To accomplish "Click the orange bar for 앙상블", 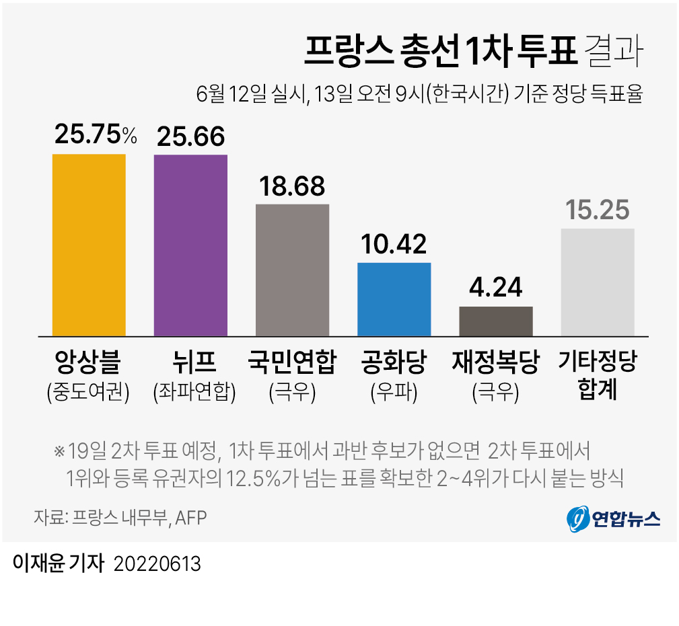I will coord(89,245).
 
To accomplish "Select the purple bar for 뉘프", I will coord(190,245).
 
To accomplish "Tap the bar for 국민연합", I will coord(292,270).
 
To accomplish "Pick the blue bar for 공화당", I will coord(394,299).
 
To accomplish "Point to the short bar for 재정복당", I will coord(496,321).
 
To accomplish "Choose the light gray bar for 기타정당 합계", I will coord(598,282).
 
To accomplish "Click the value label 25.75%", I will coord(95,135).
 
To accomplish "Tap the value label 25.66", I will coord(190,136).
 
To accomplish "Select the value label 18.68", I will coord(292,186).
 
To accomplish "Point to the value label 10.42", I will coord(394,244).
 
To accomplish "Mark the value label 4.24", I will coord(496,288).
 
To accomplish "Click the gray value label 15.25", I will coord(598,210).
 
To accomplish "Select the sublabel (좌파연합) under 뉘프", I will coord(194,391).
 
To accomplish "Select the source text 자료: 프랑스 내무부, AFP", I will coord(120,518).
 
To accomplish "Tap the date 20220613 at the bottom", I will coord(157,563).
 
